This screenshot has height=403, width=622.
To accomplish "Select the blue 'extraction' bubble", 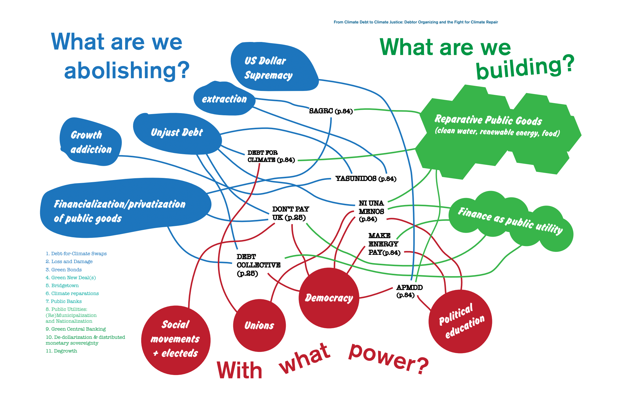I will (224, 99).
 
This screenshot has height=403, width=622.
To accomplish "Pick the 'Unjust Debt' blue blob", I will (177, 133).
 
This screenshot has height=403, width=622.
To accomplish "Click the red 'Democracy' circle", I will (329, 298).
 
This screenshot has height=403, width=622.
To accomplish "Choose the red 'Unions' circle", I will (259, 325).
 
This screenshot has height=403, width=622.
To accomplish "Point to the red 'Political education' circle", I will (460, 321).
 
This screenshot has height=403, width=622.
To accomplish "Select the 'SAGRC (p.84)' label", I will (331, 111).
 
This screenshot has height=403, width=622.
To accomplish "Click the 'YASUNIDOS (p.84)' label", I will (366, 179).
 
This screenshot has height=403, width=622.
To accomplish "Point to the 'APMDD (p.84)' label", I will (409, 291).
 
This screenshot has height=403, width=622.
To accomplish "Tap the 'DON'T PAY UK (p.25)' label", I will (290, 213).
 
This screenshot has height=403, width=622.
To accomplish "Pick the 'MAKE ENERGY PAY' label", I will (384, 244).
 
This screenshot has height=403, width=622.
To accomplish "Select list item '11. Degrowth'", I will (61, 351).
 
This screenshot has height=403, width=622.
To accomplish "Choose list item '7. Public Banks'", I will (63, 301).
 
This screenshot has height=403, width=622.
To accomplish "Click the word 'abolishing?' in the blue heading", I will (127, 70).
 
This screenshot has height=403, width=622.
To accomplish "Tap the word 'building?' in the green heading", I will (525, 68).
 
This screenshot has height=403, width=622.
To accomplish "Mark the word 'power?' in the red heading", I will (388, 359).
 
